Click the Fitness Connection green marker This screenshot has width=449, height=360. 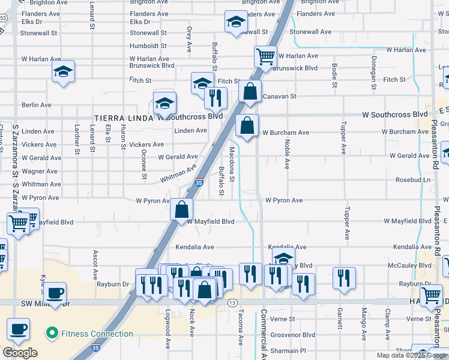point(52,334)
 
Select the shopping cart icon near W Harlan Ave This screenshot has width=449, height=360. point(265,57)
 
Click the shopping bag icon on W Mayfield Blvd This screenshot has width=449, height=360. point(181,210)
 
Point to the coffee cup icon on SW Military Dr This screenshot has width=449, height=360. point(55,293)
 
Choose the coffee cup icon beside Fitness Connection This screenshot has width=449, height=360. point(18,329)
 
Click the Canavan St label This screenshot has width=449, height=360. point(280,96)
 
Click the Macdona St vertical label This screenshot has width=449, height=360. point(232,162)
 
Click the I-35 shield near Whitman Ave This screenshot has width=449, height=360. point(199,182)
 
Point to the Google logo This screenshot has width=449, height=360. point(20,353)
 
